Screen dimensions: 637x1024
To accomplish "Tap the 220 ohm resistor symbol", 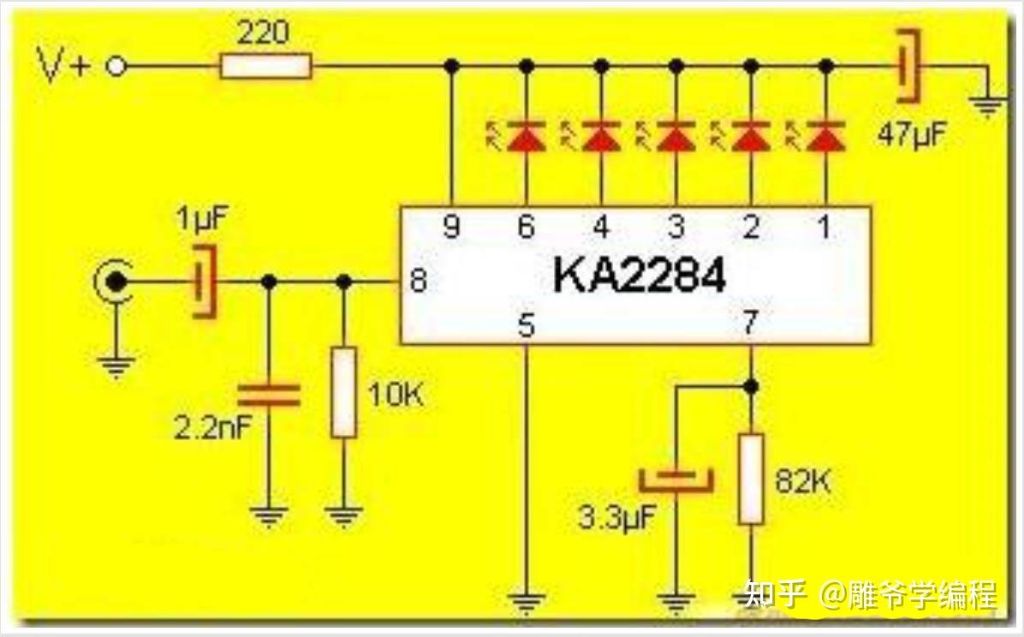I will click(265, 66).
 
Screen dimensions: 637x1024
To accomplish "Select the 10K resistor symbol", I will click(343, 393).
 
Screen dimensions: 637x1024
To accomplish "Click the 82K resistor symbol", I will click(751, 479).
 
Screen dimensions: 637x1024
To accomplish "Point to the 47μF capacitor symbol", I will click(908, 65).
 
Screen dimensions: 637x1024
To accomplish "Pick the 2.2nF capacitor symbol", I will click(269, 395).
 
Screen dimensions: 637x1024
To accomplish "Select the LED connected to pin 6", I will click(527, 136).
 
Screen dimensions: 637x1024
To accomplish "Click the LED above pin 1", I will click(825, 136).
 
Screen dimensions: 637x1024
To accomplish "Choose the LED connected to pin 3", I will click(676, 136).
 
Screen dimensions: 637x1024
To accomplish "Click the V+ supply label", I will click(65, 67).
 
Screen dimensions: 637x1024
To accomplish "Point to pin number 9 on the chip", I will click(452, 228).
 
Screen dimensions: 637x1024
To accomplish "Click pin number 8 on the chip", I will click(418, 281).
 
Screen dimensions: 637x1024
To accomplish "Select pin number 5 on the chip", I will click(527, 326).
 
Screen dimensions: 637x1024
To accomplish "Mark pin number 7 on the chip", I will click(751, 324).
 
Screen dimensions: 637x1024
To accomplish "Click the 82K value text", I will click(802, 480).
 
